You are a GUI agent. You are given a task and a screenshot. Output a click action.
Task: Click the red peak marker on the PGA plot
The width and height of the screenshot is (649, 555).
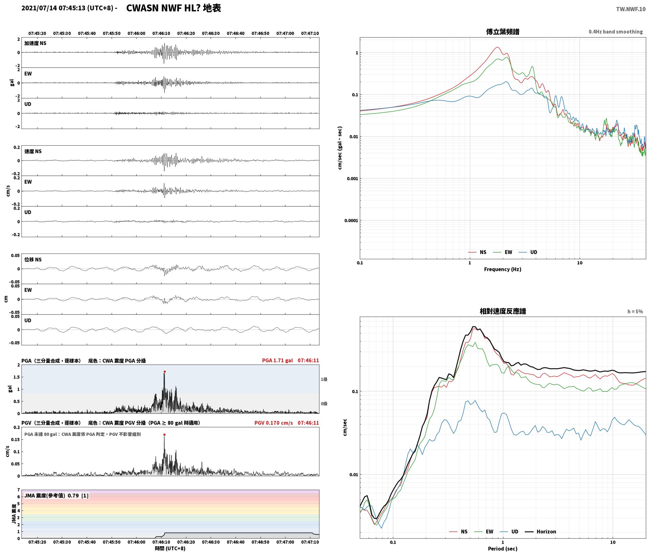pos(165,371)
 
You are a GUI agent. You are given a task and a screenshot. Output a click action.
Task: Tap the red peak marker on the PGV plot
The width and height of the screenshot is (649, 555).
pos(164,435)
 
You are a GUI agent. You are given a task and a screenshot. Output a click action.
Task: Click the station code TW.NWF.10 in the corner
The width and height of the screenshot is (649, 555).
pos(631,9)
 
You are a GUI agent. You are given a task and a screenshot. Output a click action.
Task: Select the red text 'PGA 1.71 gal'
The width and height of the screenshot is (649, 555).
pos(278,360)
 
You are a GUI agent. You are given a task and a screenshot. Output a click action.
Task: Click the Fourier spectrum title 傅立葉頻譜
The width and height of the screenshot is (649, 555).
pos(503,32)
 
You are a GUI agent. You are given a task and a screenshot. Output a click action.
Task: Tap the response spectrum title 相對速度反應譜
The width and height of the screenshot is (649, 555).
pos(503,311)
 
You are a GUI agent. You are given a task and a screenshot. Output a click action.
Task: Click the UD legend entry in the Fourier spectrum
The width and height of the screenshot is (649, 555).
pos(528,252)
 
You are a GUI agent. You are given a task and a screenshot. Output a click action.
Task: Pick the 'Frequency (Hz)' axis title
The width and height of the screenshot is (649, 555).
pos(503,269)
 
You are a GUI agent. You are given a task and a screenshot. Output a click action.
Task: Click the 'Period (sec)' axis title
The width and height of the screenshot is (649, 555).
pos(503,548)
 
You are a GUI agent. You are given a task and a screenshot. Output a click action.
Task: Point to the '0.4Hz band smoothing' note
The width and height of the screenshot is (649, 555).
pos(616,32)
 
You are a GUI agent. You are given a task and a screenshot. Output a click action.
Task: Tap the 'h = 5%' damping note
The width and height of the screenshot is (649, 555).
pos(635,312)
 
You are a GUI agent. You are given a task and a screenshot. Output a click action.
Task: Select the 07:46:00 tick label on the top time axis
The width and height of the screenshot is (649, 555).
pos(137,33)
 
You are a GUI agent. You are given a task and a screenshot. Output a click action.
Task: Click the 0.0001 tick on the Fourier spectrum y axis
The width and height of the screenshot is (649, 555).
pos(351,220)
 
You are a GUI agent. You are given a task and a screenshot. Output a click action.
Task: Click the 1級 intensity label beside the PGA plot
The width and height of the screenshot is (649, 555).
pos(324,379)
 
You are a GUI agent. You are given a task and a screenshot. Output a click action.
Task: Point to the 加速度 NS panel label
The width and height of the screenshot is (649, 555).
pos(35,43)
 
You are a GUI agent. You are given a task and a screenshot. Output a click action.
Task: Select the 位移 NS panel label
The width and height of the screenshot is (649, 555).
pos(33,260)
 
